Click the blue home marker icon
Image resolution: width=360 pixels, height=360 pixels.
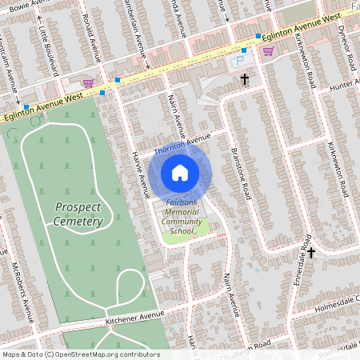(x=180, y=172)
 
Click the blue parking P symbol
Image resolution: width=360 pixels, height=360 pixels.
(x=239, y=60)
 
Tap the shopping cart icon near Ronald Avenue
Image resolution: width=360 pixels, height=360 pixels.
(x=88, y=82)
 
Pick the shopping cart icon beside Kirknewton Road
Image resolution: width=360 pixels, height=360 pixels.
(x=268, y=50)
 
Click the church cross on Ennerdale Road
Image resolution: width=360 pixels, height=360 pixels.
(x=311, y=252)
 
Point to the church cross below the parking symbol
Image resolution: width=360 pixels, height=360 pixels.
(x=245, y=78)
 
